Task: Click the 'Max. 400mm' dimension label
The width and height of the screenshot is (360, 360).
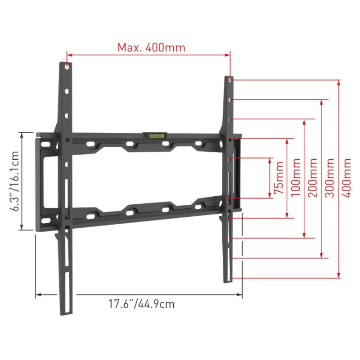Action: coord(151,48)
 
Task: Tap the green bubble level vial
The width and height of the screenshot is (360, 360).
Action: coord(154,136)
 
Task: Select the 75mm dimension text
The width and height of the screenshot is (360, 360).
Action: coord(279,177)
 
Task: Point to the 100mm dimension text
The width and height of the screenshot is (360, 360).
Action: coord(296,177)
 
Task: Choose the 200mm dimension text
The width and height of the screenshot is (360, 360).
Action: coord(313,178)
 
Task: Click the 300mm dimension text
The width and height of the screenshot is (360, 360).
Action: coord(330,178)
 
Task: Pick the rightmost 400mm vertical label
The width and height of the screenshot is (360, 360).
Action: coord(346,178)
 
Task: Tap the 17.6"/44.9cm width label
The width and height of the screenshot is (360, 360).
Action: coord(141,304)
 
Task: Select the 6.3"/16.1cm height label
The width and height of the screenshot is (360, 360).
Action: coord(15,181)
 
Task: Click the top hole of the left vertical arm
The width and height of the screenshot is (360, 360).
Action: coord(67,67)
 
